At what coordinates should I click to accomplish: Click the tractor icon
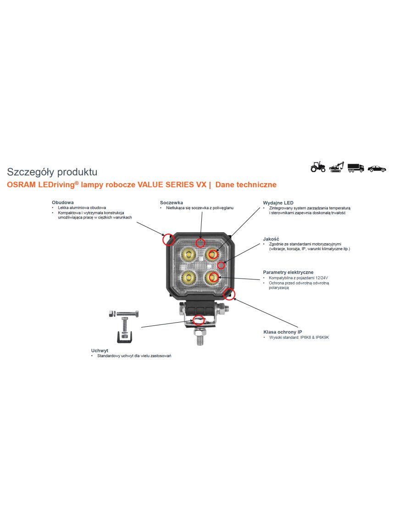click(x=318, y=167)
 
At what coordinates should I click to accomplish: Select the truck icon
click(x=355, y=167)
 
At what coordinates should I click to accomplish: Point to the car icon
click(x=377, y=168)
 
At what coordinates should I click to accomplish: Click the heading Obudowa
click(x=63, y=202)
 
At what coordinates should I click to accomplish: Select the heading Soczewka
click(x=172, y=202)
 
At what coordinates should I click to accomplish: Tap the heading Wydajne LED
click(x=278, y=202)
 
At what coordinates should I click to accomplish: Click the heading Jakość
click(x=271, y=239)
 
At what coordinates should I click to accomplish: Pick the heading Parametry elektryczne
click(x=288, y=272)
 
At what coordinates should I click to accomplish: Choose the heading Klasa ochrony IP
click(x=283, y=331)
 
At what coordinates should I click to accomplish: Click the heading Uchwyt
click(x=100, y=350)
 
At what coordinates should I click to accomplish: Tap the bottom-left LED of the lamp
click(x=188, y=276)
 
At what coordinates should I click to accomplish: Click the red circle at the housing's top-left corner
click(x=168, y=239)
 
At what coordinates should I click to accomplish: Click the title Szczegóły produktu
click(x=52, y=172)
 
